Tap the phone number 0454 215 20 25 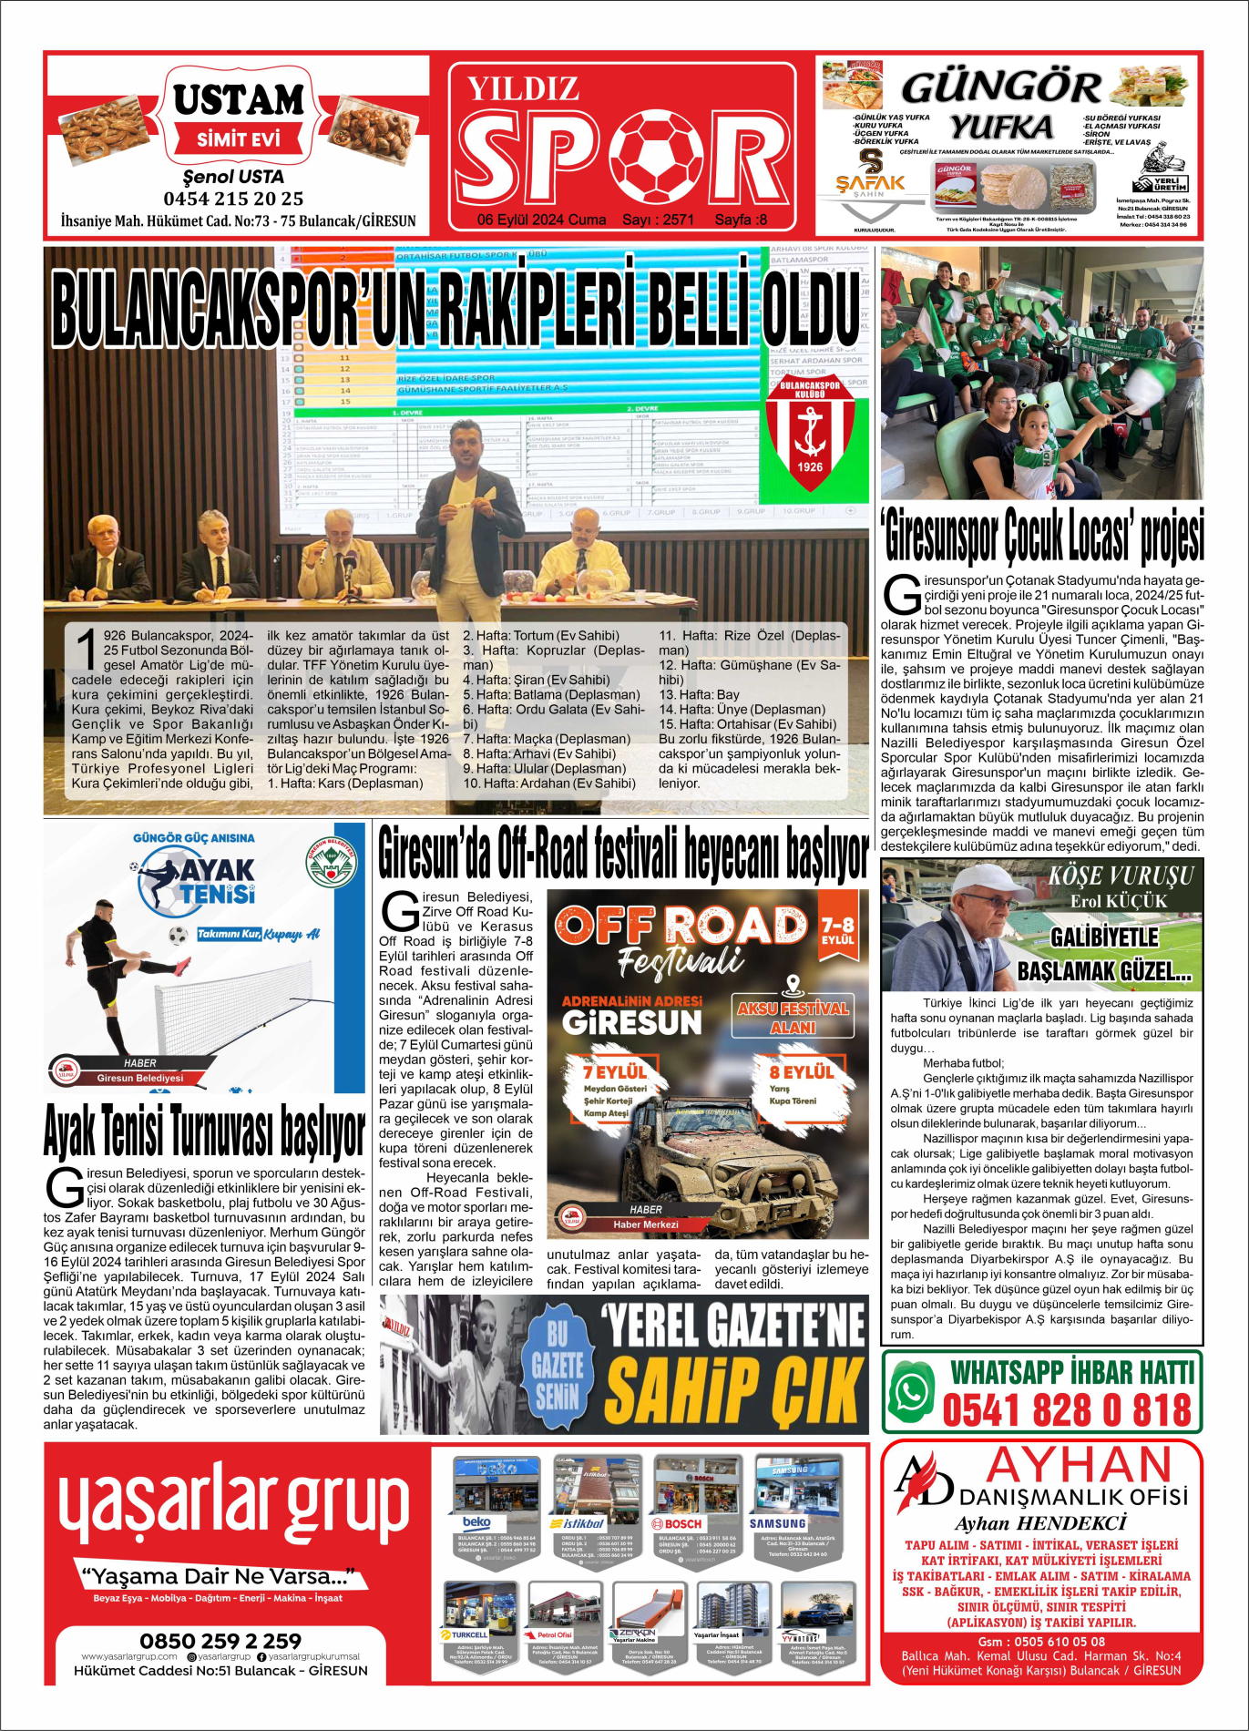(x=233, y=199)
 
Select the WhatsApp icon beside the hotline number (x=912, y=1391)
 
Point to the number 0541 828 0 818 (x=1067, y=1410)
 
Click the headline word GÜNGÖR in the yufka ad (x=1001, y=88)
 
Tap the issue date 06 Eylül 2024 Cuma (x=541, y=220)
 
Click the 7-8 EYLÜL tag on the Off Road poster (x=837, y=930)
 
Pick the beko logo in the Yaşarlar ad (x=476, y=1522)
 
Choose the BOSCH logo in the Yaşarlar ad (x=677, y=1523)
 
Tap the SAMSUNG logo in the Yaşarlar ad (x=777, y=1523)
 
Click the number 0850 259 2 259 (x=220, y=1641)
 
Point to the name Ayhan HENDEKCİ (x=1040, y=1523)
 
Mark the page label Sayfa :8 (x=741, y=220)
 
